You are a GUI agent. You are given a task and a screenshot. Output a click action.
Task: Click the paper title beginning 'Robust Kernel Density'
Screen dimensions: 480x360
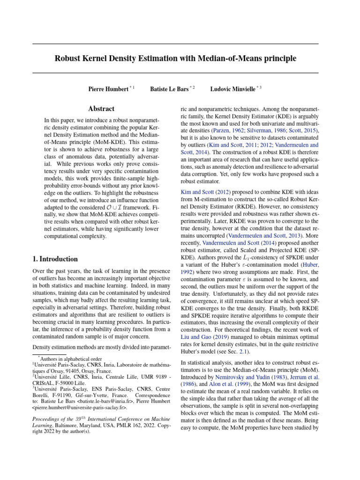point(175,59)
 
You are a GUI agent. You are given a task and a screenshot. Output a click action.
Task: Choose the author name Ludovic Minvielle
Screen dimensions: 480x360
point(232,89)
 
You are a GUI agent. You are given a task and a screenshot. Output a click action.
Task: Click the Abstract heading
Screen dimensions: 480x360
point(102,108)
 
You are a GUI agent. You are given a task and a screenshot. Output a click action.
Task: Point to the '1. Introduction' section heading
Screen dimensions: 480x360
point(55,259)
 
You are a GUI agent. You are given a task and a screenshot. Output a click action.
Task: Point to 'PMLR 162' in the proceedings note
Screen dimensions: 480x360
point(120,425)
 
